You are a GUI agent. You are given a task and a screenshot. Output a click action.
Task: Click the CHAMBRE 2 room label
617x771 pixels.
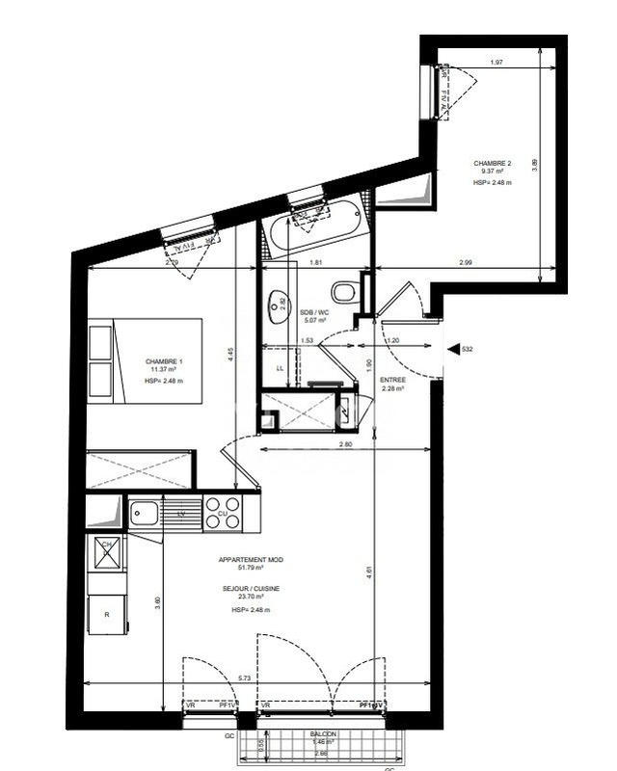coord(492,163)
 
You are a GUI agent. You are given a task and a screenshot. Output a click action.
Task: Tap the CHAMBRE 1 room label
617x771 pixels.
coord(164,360)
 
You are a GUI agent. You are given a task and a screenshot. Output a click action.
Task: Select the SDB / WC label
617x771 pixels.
coord(314,312)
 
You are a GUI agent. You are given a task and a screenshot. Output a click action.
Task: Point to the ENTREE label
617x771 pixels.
coord(393,380)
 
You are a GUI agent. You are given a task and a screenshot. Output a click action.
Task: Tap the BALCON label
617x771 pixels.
coord(324,733)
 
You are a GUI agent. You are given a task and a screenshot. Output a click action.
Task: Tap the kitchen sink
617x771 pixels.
coord(145,512)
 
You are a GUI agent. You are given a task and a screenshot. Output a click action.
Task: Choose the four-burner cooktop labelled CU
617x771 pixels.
coord(223,512)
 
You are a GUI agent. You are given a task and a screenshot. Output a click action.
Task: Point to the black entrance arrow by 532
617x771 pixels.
coord(453,349)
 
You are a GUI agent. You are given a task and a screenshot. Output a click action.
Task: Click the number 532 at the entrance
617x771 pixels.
coord(469,349)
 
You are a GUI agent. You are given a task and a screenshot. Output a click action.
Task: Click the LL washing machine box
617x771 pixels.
coord(280,368)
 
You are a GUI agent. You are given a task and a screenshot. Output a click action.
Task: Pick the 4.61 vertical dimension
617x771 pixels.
coord(369,572)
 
